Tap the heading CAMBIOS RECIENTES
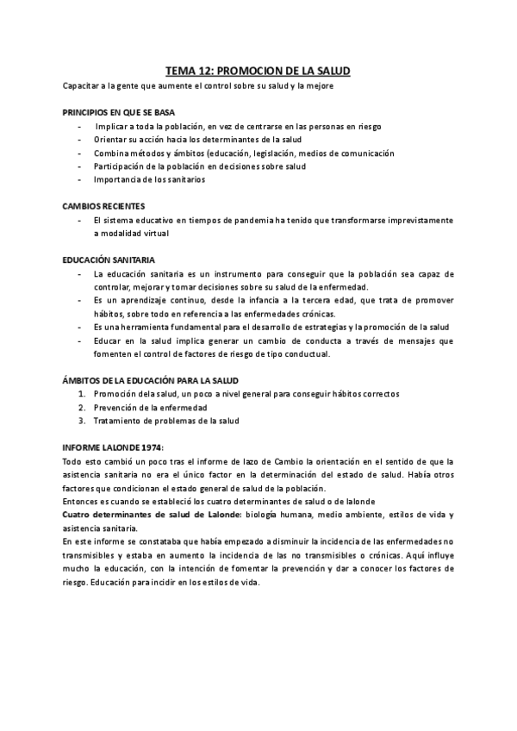[103, 206]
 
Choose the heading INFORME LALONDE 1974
[113, 447]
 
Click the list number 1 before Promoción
[81, 394]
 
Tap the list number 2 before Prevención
[81, 407]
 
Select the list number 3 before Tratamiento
[81, 421]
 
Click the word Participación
[119, 166]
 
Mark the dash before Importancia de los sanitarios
[79, 179]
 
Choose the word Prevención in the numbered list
[116, 407]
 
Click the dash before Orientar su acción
[79, 140]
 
